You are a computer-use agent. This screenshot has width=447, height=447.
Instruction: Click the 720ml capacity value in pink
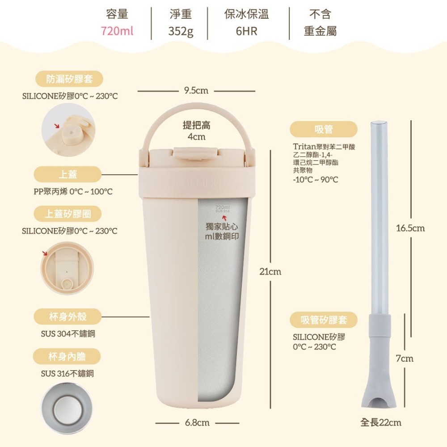[117, 31]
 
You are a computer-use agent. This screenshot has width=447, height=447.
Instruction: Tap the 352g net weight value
[181, 31]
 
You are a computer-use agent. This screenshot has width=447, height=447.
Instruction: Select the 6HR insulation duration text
[246, 31]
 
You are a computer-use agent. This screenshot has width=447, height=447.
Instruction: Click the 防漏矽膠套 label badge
[69, 79]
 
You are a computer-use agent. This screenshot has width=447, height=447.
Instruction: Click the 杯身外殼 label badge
[68, 317]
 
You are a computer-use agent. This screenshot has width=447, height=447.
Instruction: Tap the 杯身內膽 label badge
[68, 357]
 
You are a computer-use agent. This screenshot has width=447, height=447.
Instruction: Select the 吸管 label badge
[324, 129]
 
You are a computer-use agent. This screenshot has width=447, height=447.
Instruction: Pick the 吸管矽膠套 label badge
[324, 320]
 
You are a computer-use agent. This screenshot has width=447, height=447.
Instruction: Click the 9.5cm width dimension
[196, 91]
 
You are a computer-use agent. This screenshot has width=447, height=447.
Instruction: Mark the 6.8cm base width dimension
[197, 422]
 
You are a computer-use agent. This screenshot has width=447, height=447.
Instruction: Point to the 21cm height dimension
[271, 271]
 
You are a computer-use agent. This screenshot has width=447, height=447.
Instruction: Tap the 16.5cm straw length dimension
[410, 228]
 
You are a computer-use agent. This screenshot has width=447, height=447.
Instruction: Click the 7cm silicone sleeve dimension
[405, 358]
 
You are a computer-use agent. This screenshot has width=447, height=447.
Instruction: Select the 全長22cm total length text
[381, 422]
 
